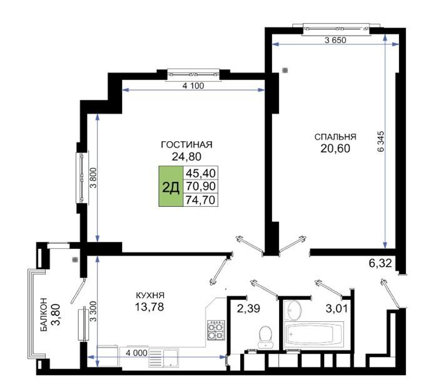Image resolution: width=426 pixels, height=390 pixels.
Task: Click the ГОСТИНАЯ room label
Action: point(186,144)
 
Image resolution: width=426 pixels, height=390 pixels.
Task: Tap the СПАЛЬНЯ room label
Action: point(335,137)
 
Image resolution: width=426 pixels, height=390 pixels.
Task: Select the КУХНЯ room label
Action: point(150,295)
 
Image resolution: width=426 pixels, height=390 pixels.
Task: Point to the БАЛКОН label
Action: point(43,314)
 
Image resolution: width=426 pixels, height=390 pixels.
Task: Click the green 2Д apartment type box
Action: point(171,186)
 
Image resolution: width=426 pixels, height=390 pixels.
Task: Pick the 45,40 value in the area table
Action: point(201,172)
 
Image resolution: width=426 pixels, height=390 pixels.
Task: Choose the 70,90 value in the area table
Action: point(201,186)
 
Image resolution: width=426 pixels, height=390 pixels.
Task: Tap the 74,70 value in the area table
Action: point(201,200)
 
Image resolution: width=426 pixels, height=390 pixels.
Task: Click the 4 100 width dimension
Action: point(193,86)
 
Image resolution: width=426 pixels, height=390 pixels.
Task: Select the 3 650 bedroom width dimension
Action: point(335,40)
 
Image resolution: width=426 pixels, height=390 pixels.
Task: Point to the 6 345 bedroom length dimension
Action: point(381,141)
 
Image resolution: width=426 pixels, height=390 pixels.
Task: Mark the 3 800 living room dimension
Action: point(93,177)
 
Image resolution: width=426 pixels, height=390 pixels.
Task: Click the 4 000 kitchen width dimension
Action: point(136,353)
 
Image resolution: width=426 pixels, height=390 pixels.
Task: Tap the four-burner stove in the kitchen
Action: point(216,330)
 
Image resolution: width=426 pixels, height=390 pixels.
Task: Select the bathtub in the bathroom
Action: point(313,336)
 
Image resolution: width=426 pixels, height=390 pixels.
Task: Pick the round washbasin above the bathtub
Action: point(294,311)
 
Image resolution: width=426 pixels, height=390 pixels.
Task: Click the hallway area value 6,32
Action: point(380,263)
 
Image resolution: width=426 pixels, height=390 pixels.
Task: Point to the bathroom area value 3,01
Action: point(337,309)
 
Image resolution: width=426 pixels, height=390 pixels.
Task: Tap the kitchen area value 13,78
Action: point(150,307)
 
